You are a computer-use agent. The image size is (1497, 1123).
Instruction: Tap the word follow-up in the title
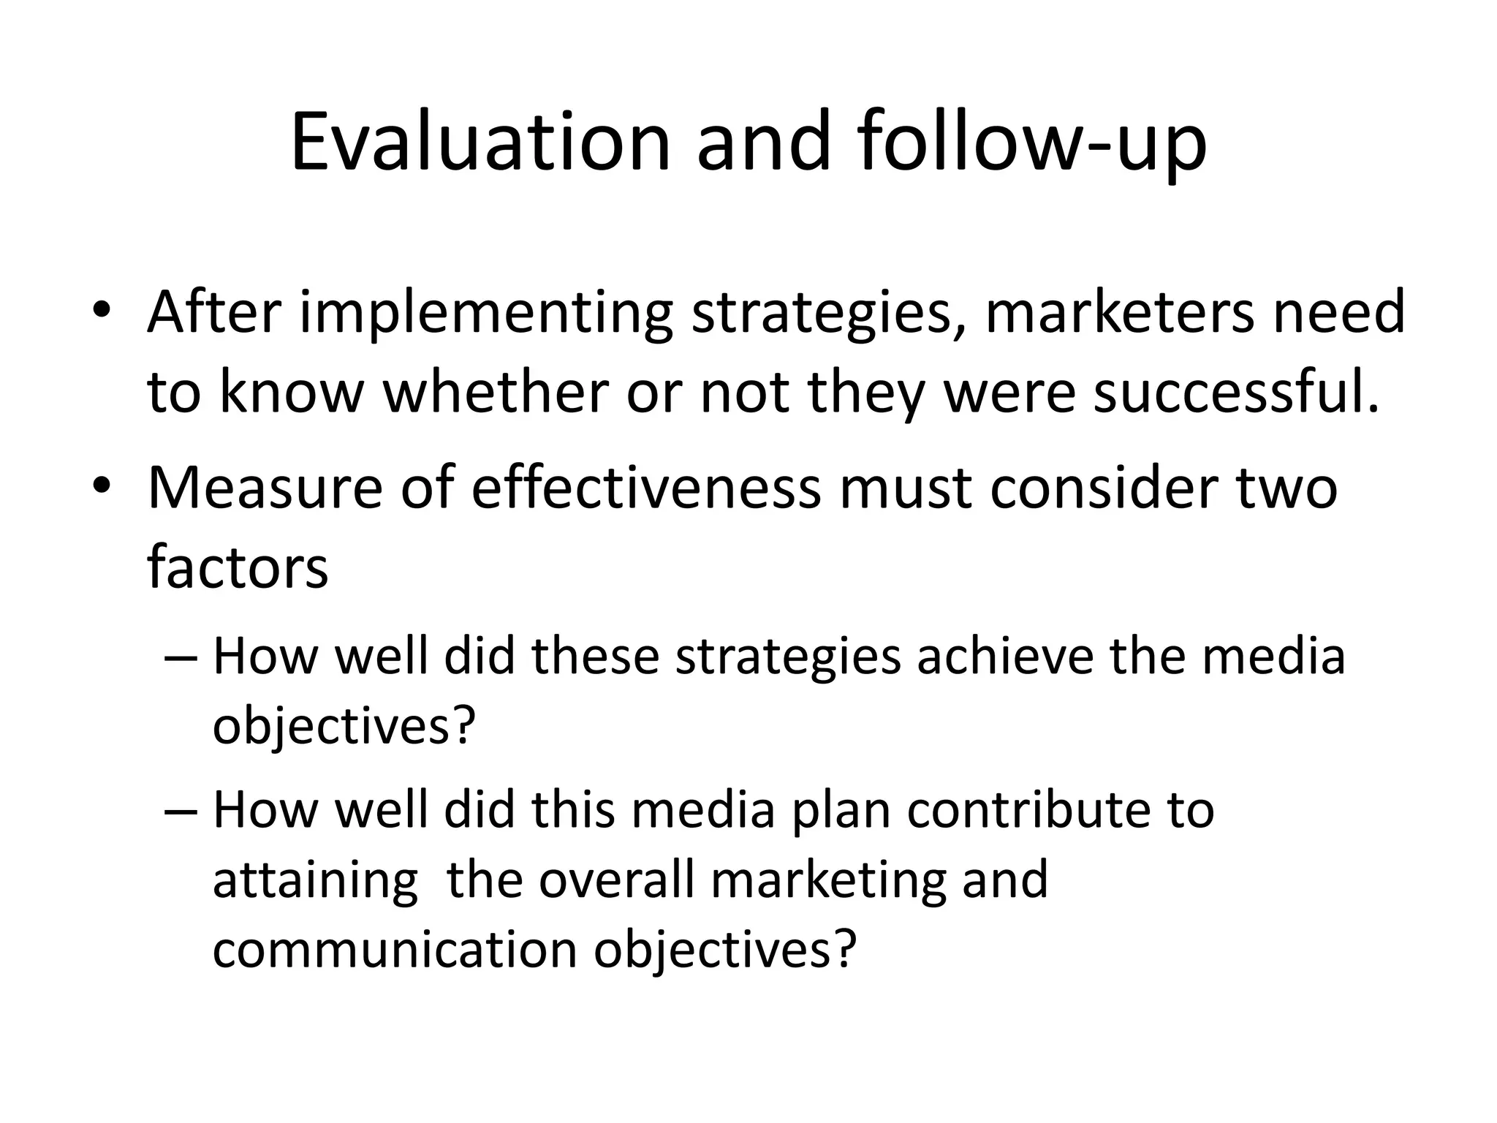tap(1032, 144)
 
